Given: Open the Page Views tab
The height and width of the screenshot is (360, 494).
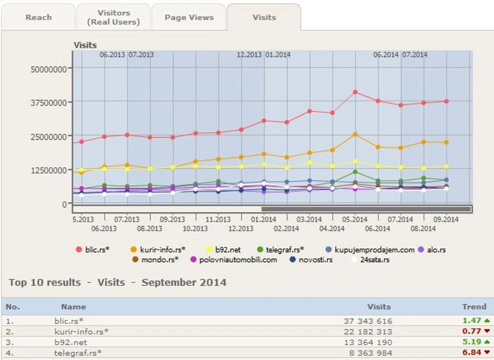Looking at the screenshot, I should pyautogui.click(x=189, y=17).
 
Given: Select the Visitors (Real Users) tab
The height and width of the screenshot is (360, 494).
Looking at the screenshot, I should pyautogui.click(x=114, y=17).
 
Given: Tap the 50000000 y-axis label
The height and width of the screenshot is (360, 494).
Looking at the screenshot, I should pyautogui.click(x=49, y=68).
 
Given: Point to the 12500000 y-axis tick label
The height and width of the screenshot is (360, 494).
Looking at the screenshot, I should pyautogui.click(x=49, y=170).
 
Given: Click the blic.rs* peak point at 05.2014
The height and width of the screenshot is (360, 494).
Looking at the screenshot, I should pyautogui.click(x=355, y=92).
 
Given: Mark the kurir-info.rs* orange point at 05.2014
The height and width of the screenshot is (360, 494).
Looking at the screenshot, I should pyautogui.click(x=355, y=135).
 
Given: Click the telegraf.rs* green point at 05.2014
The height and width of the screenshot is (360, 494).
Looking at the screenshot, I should pyautogui.click(x=355, y=172).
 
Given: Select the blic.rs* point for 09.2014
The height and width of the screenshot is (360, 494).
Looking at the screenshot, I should pyautogui.click(x=446, y=101).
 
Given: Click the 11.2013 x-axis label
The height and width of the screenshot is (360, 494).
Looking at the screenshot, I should pyautogui.click(x=218, y=220).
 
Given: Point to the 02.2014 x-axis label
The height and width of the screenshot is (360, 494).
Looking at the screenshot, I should pyautogui.click(x=286, y=229).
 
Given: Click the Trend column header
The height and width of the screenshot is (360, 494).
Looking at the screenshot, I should pyautogui.click(x=474, y=306).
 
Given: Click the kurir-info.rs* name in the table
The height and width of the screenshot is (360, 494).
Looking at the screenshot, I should pyautogui.click(x=81, y=332).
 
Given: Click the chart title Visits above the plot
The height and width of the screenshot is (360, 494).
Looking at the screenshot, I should pyautogui.click(x=85, y=45).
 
